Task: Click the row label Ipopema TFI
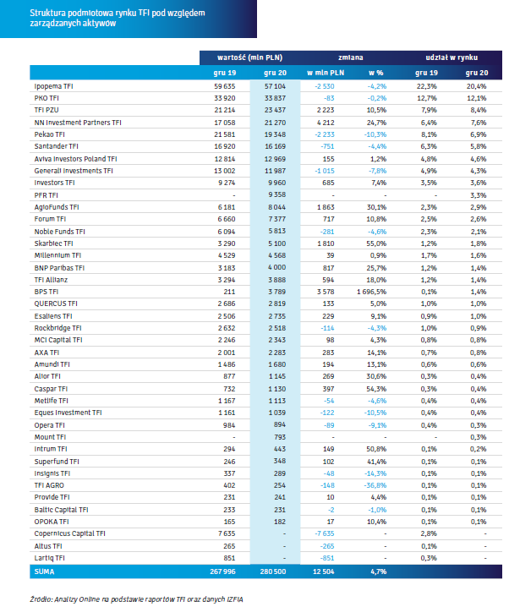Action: click(x=53, y=86)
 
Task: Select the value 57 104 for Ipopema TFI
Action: click(x=275, y=86)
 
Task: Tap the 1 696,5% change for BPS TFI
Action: click(x=371, y=292)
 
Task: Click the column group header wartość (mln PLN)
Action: click(x=249, y=57)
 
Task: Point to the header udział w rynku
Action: click(x=452, y=57)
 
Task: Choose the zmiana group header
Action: click(x=351, y=57)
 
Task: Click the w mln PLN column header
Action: click(x=326, y=73)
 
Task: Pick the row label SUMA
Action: click(x=44, y=571)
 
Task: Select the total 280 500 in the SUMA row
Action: click(x=273, y=571)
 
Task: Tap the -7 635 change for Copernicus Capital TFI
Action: click(x=325, y=533)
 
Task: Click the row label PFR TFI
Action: click(x=46, y=195)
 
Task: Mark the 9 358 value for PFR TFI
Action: click(x=277, y=194)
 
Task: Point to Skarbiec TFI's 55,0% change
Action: click(x=376, y=243)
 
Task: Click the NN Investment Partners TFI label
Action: click(x=78, y=123)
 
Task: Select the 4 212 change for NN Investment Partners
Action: click(x=326, y=123)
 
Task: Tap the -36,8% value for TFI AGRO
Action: click(x=375, y=485)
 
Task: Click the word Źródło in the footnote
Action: click(x=41, y=599)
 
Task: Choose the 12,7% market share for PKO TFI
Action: click(x=427, y=98)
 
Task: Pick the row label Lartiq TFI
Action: click(x=50, y=558)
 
